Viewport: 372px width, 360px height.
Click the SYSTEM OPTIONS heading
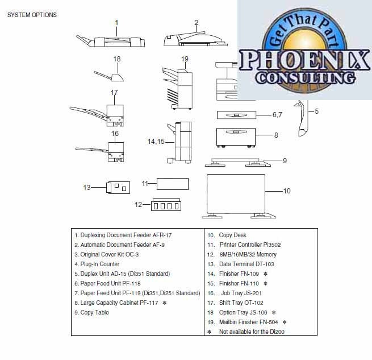pos(32,15)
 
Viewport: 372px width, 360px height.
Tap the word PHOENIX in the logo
pos(304,60)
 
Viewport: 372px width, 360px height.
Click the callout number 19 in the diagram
pos(185,59)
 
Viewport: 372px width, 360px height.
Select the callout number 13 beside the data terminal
pos(87,188)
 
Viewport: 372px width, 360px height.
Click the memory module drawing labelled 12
pos(166,205)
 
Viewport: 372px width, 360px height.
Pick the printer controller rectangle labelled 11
pos(173,184)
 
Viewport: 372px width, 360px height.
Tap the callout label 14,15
pos(156,142)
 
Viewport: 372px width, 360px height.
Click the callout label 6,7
pos(277,115)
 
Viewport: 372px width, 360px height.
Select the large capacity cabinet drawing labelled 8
pos(236,138)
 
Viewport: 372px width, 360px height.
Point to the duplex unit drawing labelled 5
pos(301,118)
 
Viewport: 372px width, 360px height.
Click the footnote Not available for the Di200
pos(252,332)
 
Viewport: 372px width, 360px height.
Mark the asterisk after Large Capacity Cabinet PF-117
pos(164,303)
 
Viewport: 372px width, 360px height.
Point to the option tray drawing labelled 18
pos(109,76)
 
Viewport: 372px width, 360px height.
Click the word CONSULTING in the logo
pos(306,77)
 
